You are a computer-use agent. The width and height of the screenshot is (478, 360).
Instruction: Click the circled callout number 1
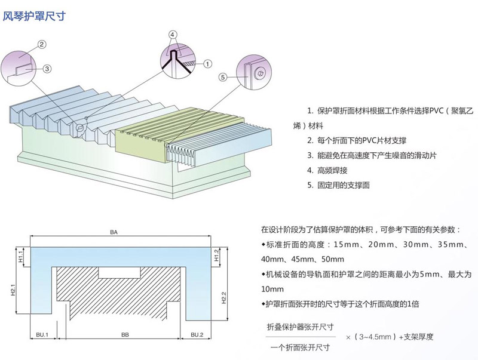point(206,63)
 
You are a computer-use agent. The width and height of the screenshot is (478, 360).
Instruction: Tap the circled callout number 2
point(42,44)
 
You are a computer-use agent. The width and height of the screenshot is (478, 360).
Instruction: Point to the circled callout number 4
point(173,35)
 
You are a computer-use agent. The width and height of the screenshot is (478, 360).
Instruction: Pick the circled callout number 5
point(222,77)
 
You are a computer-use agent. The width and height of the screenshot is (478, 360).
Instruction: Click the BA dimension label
point(114,231)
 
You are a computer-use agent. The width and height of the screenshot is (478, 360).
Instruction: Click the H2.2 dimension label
point(223,297)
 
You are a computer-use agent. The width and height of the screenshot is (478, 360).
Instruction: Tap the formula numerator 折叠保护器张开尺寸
point(300,327)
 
